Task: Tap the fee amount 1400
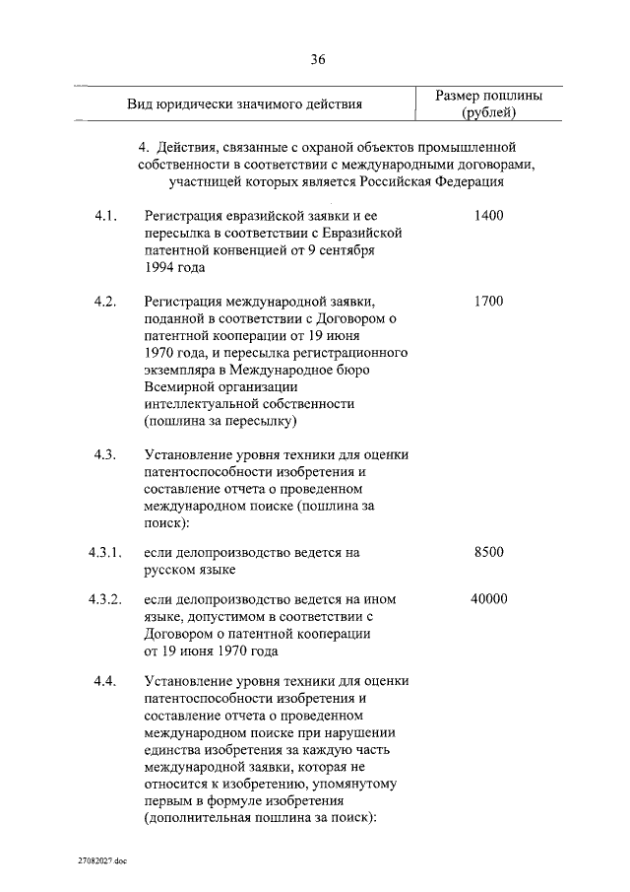tap(488, 214)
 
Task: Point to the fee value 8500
tap(488, 552)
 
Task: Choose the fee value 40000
tap(488, 599)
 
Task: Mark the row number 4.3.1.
tap(103, 552)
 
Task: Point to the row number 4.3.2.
tap(103, 599)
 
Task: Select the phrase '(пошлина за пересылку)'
tap(220, 422)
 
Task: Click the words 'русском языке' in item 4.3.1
tap(190, 570)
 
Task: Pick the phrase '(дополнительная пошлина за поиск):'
tap(261, 818)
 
